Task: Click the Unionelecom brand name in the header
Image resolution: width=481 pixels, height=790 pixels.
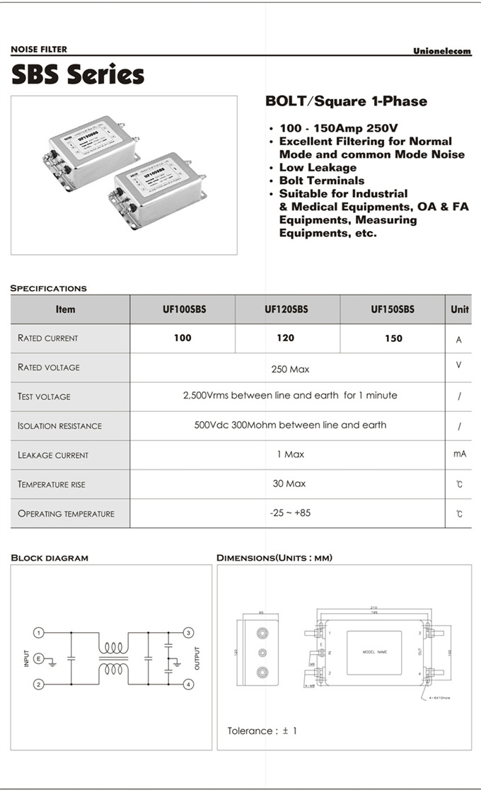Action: tap(442, 51)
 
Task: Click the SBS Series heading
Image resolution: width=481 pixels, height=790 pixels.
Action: tap(78, 74)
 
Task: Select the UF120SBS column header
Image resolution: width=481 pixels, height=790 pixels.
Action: tap(286, 309)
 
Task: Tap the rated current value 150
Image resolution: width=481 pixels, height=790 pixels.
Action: tap(393, 338)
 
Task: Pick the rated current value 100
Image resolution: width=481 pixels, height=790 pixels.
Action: tap(182, 338)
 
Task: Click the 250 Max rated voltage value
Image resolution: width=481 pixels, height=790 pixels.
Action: tap(290, 369)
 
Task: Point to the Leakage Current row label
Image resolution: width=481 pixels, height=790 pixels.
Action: tap(53, 455)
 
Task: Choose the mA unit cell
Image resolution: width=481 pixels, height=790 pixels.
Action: tap(459, 454)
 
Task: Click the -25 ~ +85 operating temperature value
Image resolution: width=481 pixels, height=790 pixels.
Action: tap(290, 513)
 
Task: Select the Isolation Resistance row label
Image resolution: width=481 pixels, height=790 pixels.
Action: tap(59, 426)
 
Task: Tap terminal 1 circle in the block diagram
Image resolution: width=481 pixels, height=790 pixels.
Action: tap(40, 632)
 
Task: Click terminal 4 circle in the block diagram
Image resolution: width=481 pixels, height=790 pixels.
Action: tap(189, 684)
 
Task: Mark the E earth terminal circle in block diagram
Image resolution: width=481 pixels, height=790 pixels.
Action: tap(40, 658)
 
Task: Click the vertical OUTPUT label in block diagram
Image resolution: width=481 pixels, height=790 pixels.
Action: tap(197, 658)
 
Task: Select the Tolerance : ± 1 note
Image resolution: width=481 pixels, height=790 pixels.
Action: tap(262, 731)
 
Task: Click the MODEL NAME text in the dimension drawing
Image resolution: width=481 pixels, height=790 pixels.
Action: tap(375, 652)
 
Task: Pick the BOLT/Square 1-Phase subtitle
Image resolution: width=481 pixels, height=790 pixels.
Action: tap(346, 101)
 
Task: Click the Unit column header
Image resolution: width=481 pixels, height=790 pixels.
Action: tap(459, 309)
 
